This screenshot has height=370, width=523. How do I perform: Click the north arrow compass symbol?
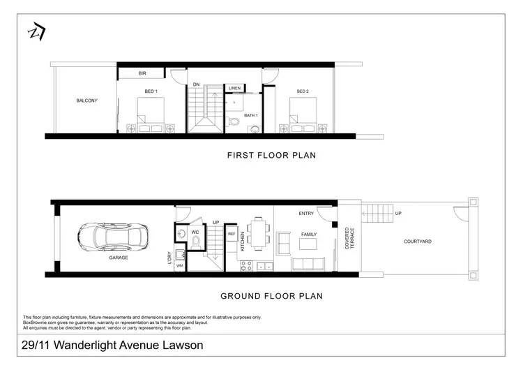pos(34,32)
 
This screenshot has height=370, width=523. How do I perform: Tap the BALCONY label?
pos(86,101)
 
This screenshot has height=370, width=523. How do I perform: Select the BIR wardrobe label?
pos(142,73)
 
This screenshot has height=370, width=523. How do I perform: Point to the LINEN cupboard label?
pos(234,89)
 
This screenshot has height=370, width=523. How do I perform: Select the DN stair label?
pos(197,85)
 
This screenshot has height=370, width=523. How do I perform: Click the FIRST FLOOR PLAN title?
pos(271,156)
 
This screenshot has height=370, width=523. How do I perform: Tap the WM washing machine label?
pos(179,266)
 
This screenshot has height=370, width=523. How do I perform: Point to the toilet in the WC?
pos(197,242)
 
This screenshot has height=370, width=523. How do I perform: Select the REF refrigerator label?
pos(232,235)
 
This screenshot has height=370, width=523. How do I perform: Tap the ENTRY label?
pos(306,214)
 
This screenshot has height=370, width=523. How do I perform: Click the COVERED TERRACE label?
pos(347,237)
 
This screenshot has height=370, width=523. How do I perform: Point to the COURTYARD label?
pos(418,242)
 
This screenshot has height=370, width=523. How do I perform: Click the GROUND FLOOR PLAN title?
pos(271,296)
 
